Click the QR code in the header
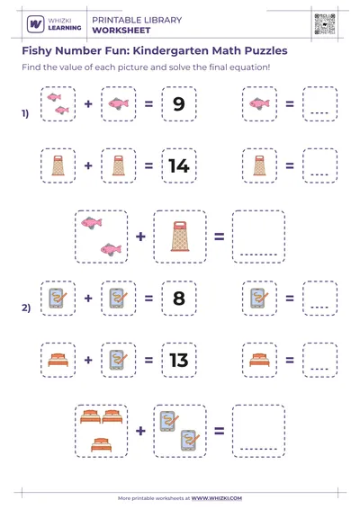325,24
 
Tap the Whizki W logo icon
35,24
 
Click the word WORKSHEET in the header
121,31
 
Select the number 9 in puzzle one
179,104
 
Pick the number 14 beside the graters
179,165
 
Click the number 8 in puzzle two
179,299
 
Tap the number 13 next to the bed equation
179,360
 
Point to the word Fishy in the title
37,51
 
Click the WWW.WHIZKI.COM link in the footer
216,498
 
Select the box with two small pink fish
58,104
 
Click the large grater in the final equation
180,237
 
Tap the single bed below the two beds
102,445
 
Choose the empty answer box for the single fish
320,104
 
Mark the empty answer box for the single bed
320,360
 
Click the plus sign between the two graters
88,165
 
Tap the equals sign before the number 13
148,360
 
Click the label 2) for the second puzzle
26,308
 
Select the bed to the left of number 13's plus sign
58,360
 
